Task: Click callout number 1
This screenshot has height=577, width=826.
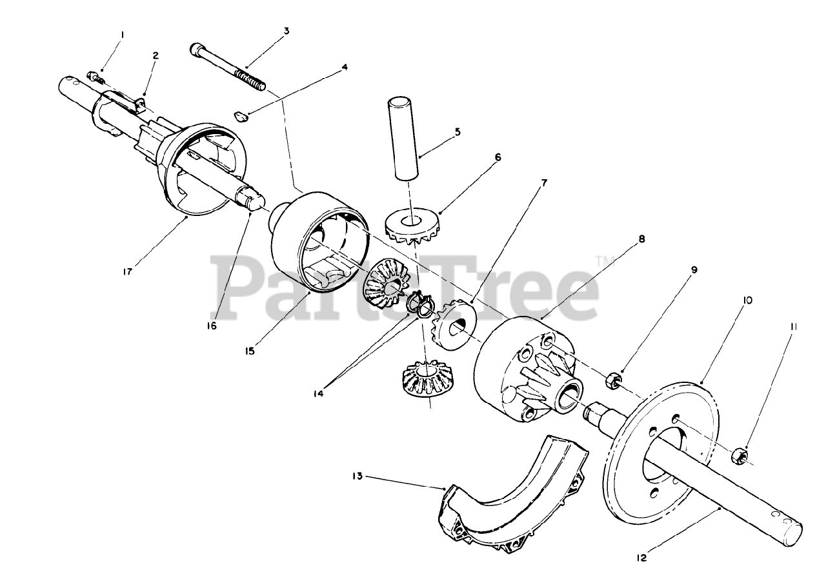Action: pos(123,35)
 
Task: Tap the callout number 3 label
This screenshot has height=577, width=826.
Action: pos(287,31)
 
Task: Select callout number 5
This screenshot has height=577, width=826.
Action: pos(458,132)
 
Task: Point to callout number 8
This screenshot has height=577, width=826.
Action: pos(641,239)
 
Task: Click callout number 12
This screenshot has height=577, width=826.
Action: pos(641,558)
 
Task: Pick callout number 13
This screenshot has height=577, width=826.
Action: pos(358,476)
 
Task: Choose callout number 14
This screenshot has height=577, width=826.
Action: pos(318,393)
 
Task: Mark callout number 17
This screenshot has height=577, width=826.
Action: pos(127,272)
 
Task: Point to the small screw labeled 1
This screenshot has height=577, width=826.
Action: pos(96,78)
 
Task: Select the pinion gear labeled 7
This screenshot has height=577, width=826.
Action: pos(454,324)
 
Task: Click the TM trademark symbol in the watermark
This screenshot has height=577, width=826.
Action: pos(605,262)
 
